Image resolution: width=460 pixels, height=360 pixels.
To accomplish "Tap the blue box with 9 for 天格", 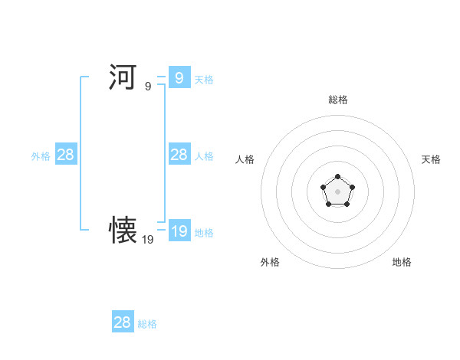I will coord(179,77).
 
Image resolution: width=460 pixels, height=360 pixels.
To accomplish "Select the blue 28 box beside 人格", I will coord(179,155).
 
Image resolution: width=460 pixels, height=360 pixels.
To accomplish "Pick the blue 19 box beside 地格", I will coord(179,231).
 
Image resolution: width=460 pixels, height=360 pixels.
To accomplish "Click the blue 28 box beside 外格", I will coord(65,155).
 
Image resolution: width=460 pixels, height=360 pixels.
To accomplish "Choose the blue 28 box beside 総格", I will coord(122,322).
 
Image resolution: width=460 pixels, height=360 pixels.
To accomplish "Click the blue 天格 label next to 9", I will coord(203,79).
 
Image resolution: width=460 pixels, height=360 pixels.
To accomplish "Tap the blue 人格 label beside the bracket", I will coord(203,156).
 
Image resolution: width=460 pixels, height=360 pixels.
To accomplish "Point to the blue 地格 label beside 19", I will coord(203,232).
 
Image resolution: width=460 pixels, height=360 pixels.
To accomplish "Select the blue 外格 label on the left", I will coord(41,156).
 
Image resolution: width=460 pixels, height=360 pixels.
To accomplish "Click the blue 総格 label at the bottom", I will coord(147,324).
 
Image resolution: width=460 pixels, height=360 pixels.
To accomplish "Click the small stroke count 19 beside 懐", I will coord(148,240).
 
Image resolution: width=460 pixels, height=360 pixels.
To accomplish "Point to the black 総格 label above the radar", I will coord(338,100).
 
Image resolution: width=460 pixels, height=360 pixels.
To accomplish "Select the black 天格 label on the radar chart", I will coord(431,159).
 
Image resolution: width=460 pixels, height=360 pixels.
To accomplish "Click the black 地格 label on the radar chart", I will coord(402,262).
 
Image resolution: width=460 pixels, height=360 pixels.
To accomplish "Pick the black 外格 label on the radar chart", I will coord(270,262).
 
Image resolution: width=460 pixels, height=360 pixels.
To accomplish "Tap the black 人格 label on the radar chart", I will coord(245,159).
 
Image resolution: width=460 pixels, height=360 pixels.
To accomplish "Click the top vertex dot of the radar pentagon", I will coord(337,177).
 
